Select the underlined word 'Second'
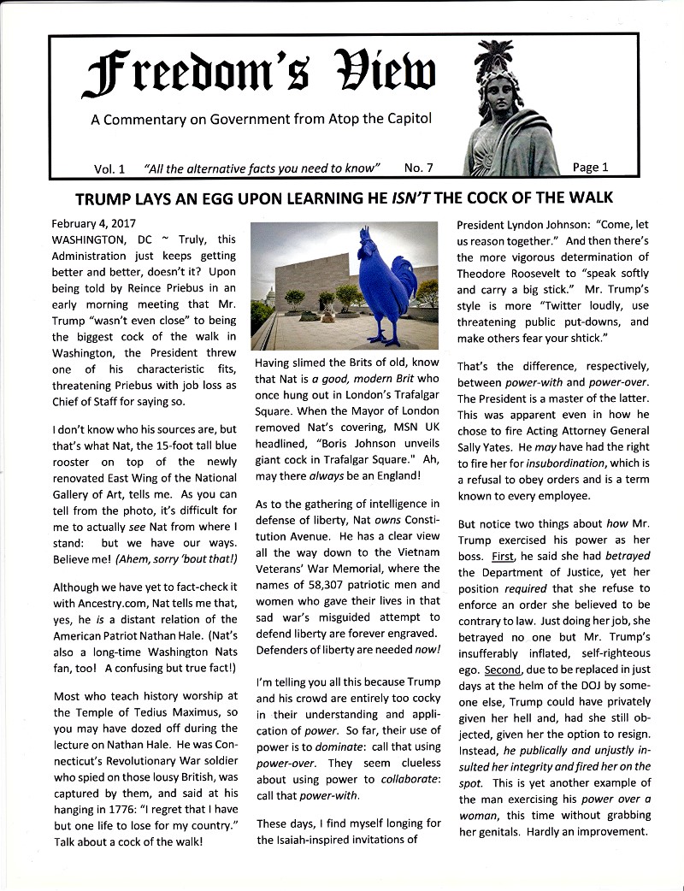499,670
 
